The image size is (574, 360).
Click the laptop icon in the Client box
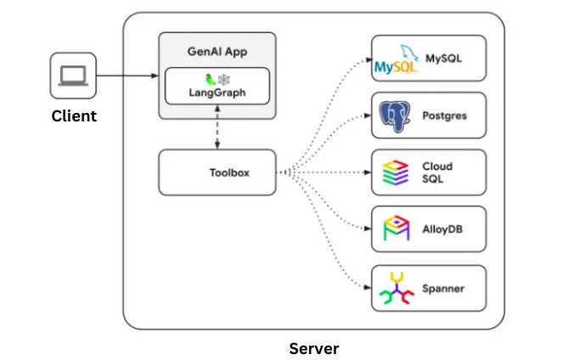tap(73, 76)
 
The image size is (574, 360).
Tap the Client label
tap(74, 116)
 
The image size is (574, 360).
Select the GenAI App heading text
tap(217, 52)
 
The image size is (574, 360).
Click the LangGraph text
tap(217, 93)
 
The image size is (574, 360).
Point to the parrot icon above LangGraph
tap(210, 80)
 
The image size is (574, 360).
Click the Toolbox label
tap(229, 172)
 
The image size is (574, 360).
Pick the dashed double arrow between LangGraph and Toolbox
tap(217, 127)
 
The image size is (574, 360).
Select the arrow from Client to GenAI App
tap(127, 76)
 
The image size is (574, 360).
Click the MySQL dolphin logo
tap(397, 59)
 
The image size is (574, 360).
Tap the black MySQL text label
tap(443, 59)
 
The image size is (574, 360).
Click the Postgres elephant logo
tap(395, 116)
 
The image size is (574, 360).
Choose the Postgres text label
tap(444, 115)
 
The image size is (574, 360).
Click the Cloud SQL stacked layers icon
tap(396, 172)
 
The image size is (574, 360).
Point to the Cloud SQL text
tap(437, 172)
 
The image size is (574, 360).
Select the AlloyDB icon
tap(396, 228)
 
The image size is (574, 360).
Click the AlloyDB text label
tap(442, 229)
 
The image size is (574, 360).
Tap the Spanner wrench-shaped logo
tap(397, 288)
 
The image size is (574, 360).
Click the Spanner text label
tap(443, 289)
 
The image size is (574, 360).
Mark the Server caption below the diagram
tap(313, 348)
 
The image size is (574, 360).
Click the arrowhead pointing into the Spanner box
tap(368, 288)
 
